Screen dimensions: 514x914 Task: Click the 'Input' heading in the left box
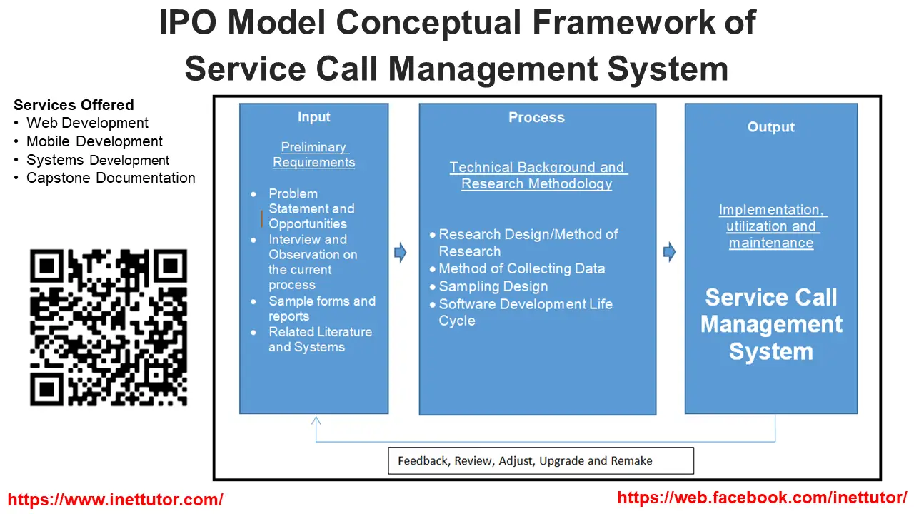(313, 117)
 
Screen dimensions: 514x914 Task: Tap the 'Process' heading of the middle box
(536, 118)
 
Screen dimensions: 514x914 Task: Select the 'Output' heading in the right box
(770, 127)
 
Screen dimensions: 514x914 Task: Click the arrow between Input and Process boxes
(401, 252)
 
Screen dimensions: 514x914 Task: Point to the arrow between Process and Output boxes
(669, 252)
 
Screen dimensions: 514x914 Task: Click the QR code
(109, 328)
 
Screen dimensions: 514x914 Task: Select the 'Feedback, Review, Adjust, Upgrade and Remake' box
(541, 461)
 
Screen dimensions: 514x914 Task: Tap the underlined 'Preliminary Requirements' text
(313, 155)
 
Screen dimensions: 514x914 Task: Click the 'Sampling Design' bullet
(493, 286)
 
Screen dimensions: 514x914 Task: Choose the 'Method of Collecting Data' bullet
(521, 269)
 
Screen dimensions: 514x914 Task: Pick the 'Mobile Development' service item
(94, 141)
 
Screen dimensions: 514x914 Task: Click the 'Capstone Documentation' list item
(111, 178)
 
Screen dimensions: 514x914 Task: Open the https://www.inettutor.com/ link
(115, 500)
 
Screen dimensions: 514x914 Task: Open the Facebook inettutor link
(762, 498)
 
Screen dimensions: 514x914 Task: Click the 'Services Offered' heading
(74, 105)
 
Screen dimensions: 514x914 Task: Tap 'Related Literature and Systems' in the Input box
(319, 339)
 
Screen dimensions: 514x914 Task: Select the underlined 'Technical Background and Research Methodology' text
(537, 176)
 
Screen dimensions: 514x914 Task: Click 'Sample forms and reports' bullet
(321, 308)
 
